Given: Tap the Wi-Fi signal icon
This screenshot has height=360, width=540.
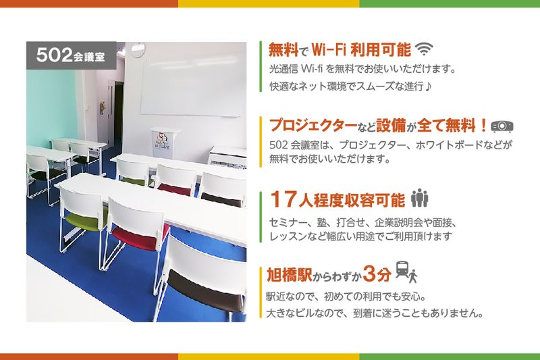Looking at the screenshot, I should [423, 49].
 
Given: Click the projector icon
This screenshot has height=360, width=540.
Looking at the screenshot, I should [502, 126].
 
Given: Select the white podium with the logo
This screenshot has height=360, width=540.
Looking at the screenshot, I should [165, 143].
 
